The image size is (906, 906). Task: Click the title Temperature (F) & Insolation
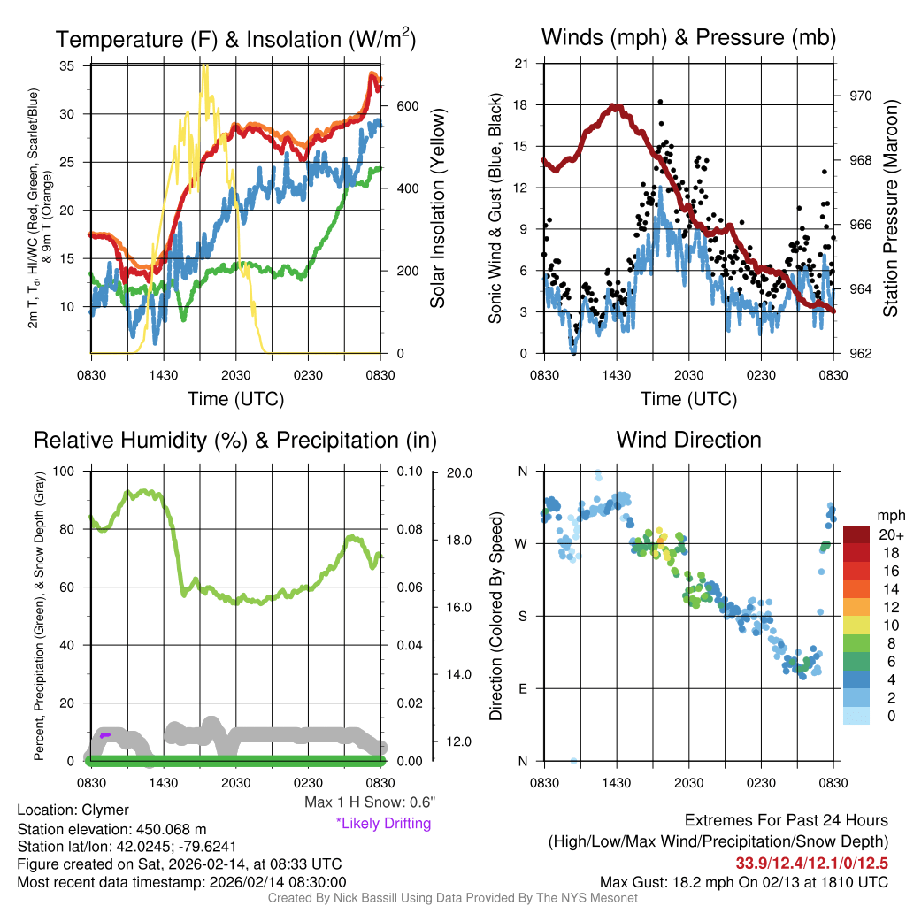[235, 39]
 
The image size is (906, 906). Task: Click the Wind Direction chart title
[688, 439]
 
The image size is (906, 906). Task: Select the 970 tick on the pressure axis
[861, 96]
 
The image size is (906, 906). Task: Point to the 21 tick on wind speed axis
[522, 64]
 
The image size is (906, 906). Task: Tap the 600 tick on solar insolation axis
[406, 106]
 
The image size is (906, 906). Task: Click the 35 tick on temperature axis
[68, 66]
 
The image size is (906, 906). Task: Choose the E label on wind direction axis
[523, 688]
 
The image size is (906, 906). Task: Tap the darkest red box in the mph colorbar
[857, 534]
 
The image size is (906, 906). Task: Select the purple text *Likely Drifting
[383, 823]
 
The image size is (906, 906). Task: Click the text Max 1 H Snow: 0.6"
[370, 802]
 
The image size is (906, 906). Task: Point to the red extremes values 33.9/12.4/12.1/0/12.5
[811, 862]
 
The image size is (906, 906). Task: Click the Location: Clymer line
[73, 810]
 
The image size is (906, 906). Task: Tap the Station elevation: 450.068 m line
[111, 829]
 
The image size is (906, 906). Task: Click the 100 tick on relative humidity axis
[64, 471]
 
